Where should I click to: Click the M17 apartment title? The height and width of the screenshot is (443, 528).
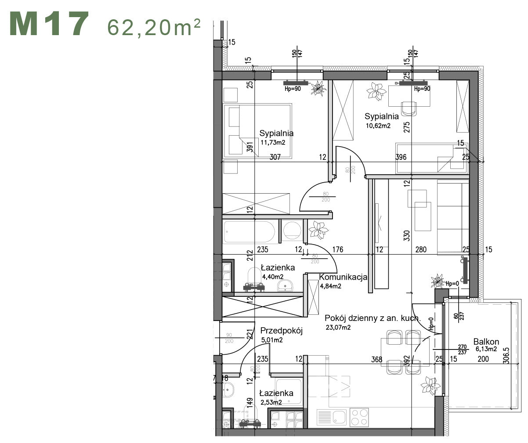(49, 25)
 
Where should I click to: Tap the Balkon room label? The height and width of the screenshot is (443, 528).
(486, 342)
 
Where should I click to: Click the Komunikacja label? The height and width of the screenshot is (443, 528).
(343, 277)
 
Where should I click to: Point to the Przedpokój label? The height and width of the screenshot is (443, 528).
(282, 331)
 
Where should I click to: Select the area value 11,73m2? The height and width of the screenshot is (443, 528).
(273, 142)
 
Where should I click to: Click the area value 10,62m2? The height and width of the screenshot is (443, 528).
(378, 126)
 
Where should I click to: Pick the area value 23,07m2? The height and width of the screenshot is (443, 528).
(338, 327)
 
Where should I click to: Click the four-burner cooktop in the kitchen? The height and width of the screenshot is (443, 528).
(360, 417)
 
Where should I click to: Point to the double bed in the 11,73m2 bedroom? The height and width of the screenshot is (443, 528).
(257, 130)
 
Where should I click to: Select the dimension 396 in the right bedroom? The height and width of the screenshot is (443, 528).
(401, 157)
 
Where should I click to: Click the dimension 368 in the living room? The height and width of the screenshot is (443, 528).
(376, 359)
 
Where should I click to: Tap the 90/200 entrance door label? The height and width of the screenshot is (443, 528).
(228, 338)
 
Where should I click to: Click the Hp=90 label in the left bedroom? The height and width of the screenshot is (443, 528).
(293, 89)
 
